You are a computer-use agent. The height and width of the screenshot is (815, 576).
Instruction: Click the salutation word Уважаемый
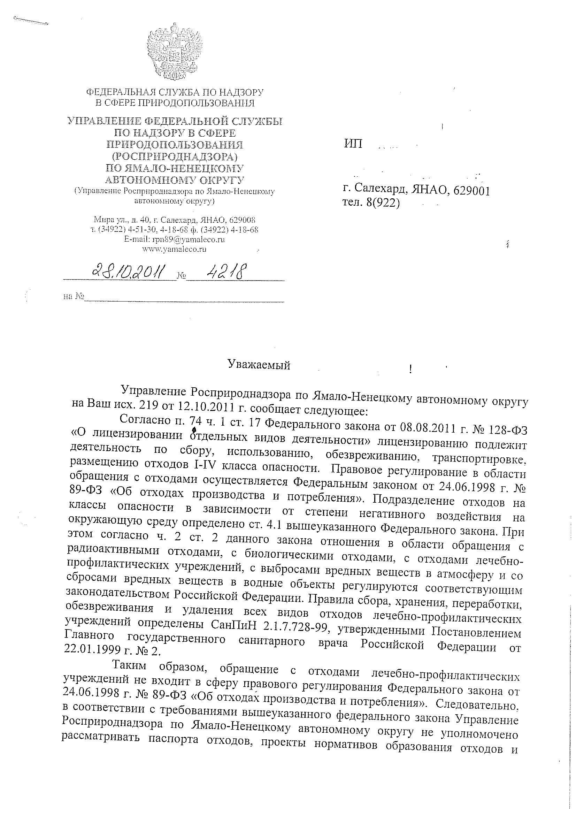coord(259,365)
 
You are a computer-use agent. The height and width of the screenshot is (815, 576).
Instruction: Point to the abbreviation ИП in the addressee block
coord(353,144)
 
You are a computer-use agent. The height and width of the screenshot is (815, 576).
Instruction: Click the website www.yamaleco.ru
coord(174,249)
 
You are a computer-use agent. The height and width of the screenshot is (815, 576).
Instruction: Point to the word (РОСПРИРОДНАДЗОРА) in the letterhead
coord(175,156)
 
